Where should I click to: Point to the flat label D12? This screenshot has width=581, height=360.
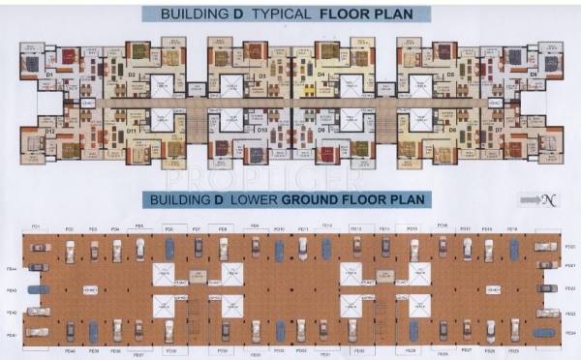49,129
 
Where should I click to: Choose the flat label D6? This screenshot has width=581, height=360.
533,73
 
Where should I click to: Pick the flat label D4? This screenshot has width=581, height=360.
321,74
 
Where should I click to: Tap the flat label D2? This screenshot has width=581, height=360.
132,74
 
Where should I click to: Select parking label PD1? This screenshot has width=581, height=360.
36,227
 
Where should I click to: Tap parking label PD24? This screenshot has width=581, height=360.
570,334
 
